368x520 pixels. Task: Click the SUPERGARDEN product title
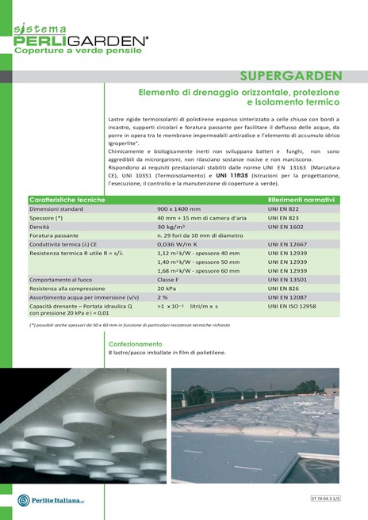(291, 77)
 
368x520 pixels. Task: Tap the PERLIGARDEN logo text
(79, 39)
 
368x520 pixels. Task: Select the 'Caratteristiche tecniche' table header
(67, 200)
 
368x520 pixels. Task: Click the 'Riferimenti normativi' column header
(301, 200)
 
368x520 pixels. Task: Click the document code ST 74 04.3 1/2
(339, 498)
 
